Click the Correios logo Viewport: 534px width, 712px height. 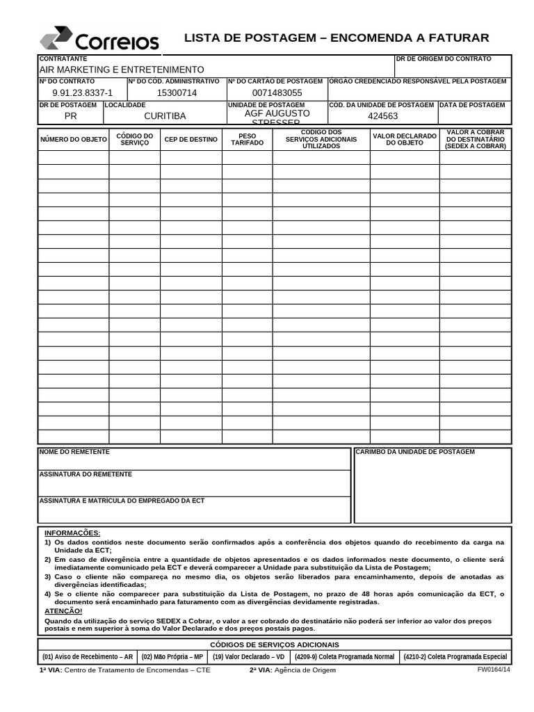tap(99, 39)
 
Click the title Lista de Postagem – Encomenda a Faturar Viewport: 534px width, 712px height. tap(337, 38)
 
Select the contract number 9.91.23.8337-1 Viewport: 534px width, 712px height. tap(82, 92)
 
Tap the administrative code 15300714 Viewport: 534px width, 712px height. tap(177, 92)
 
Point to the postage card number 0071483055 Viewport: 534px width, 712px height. tap(277, 92)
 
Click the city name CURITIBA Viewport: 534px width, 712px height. tap(165, 116)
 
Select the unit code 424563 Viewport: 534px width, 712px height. tap(382, 116)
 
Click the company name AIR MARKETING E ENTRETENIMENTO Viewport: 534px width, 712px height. tap(122, 70)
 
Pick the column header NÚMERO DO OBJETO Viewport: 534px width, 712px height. tap(73, 139)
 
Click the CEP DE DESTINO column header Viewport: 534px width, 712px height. tap(191, 139)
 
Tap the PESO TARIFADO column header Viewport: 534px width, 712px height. tap(247, 139)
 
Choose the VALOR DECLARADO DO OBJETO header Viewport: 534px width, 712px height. tap(404, 139)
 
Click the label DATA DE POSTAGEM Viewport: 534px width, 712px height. tap(472, 105)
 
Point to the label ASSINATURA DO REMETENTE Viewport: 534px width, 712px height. tap(86, 474)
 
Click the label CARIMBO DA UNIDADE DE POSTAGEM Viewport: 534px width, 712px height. tap(415, 452)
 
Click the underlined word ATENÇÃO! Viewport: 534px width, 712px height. tap(63, 610)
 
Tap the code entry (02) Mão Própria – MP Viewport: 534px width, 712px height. tap(172, 656)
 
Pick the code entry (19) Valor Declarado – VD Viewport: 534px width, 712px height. tap(248, 656)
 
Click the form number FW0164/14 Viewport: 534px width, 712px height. tap(494, 670)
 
